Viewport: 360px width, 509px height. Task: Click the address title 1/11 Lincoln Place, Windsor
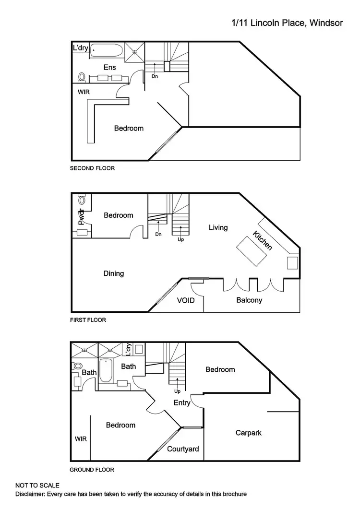(287, 23)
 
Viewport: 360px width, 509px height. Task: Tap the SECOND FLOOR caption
(92, 168)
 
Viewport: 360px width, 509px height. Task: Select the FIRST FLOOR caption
(88, 320)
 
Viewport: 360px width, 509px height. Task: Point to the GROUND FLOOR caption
(92, 470)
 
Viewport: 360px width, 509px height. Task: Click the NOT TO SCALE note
(37, 486)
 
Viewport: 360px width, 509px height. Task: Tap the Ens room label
(109, 68)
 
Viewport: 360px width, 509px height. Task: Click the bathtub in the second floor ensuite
(107, 49)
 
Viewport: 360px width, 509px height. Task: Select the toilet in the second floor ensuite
(82, 77)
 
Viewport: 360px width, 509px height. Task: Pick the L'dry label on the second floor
(80, 48)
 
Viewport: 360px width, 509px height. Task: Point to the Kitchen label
(263, 240)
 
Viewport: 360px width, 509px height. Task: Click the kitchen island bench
(251, 251)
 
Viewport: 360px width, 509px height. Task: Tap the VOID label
(186, 300)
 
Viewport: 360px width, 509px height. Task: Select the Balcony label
(249, 300)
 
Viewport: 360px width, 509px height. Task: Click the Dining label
(114, 273)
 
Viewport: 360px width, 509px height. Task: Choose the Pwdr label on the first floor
(82, 217)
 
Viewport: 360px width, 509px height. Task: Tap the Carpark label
(248, 433)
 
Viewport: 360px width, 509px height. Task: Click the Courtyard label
(183, 449)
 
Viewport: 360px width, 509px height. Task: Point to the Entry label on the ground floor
(182, 402)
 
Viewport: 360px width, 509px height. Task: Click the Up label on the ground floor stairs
(178, 391)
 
